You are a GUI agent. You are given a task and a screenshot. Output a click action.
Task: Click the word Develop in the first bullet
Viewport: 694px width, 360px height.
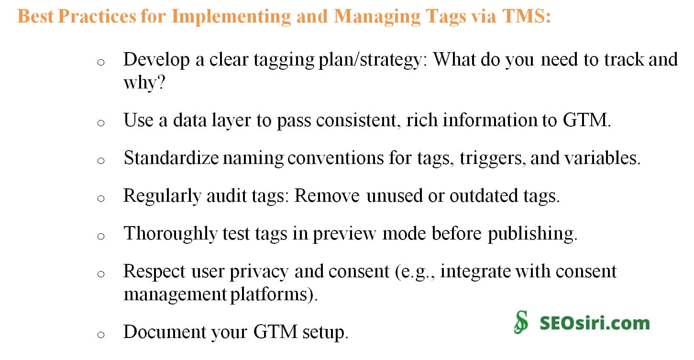coord(156,60)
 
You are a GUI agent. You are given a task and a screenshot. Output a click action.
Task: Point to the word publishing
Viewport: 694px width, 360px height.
coord(532,233)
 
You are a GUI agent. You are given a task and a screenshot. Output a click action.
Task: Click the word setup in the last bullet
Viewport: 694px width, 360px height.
coord(325,332)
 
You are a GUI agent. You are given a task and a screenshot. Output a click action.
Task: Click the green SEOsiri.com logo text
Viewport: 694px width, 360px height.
coord(595,323)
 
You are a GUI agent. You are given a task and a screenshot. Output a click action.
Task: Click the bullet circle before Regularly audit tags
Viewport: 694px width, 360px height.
coord(100,198)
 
